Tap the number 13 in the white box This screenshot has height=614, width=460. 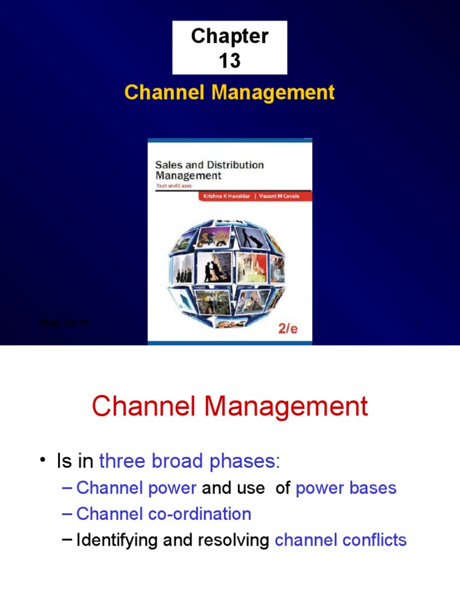tap(229, 61)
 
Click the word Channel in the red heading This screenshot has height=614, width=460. tap(146, 408)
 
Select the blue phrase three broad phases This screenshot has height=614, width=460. tap(189, 462)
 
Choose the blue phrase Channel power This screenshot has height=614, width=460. tap(136, 488)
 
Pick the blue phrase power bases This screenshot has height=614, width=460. tap(346, 488)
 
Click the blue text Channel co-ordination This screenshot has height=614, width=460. tap(164, 514)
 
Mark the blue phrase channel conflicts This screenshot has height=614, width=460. tap(340, 540)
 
